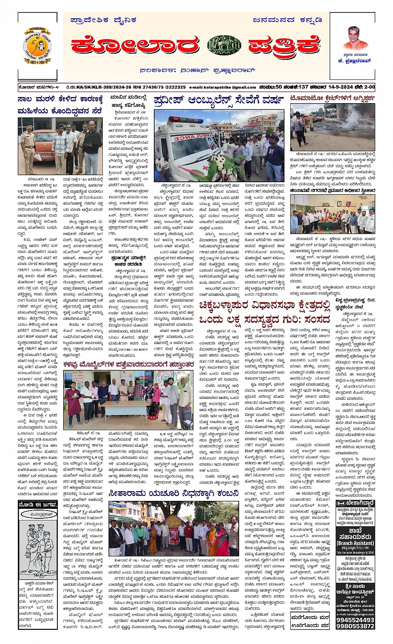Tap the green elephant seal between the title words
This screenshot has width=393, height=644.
(224, 45)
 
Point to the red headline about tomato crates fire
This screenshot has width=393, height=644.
(332, 99)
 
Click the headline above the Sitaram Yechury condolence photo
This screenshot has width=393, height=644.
(173, 494)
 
